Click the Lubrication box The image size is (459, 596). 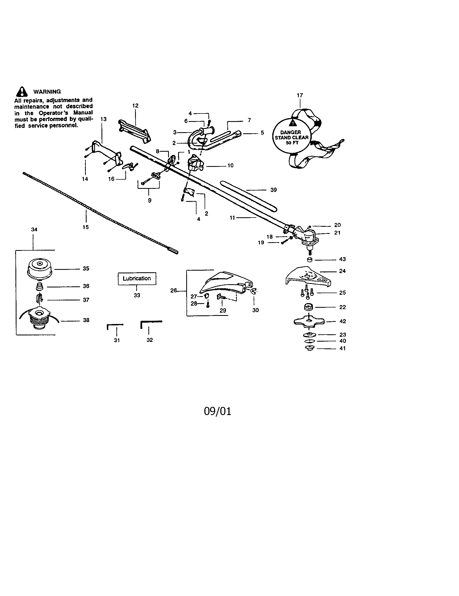pos(137,278)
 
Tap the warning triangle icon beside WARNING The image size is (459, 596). pos(22,92)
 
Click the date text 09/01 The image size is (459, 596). pos(218,411)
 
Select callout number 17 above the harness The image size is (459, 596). pos(300,95)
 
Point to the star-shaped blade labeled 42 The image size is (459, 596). pos(309,322)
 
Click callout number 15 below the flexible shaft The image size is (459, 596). pos(86,227)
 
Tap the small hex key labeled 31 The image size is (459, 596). pos(114,326)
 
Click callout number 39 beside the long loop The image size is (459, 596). pos(273,190)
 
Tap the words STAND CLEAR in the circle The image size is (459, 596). pos(291,138)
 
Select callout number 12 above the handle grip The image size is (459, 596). pos(135,106)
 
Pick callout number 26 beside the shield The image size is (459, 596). pos(173,290)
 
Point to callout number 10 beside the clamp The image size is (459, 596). pos(230,165)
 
